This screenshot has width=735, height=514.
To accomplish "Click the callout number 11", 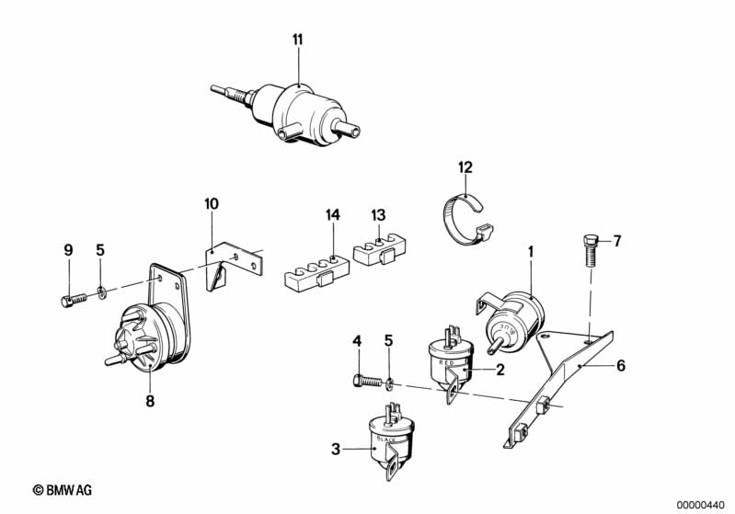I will [297, 39].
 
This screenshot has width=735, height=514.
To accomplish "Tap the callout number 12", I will [465, 166].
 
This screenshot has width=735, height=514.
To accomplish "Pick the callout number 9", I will [67, 249].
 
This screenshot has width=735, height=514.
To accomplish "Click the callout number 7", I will [617, 242].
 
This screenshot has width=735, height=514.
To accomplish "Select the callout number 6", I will [621, 365].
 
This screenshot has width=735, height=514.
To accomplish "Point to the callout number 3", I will [336, 450].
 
